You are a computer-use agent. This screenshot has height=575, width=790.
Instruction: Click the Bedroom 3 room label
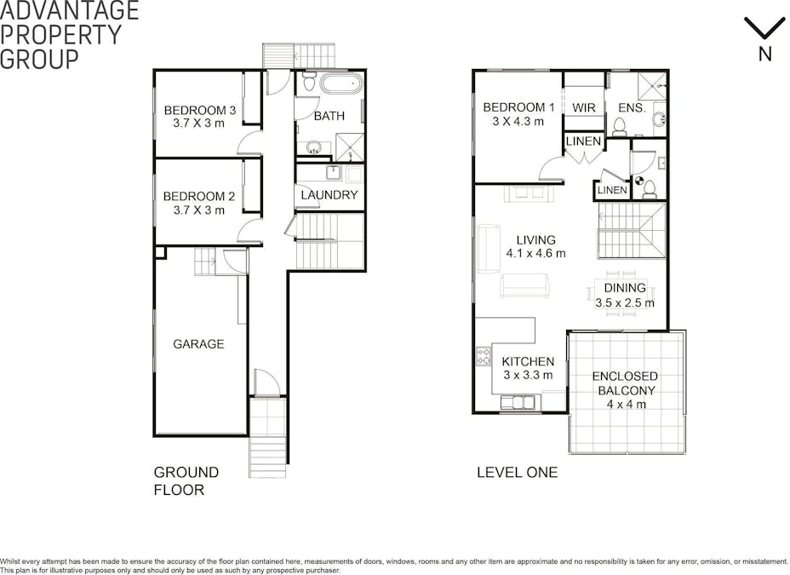click(x=199, y=110)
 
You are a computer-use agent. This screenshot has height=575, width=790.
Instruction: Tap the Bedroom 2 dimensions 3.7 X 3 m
click(x=199, y=210)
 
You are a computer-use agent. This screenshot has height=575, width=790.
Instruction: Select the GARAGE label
click(x=198, y=343)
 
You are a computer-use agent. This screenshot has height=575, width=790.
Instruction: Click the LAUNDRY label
click(x=329, y=195)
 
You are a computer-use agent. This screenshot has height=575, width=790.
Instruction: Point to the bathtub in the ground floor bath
click(x=341, y=83)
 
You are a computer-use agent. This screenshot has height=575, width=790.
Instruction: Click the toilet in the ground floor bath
click(x=309, y=82)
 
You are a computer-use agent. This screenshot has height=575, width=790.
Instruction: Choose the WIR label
click(x=584, y=107)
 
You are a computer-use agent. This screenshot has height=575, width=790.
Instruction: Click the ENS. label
click(x=632, y=107)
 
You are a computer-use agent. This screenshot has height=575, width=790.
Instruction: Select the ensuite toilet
click(x=619, y=127)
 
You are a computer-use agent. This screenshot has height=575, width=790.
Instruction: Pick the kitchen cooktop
click(x=484, y=356)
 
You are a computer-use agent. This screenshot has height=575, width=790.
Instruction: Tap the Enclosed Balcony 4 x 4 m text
click(x=625, y=390)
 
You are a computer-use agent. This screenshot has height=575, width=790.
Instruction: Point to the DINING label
click(x=625, y=288)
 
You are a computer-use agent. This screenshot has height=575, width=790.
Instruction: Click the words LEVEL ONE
click(x=518, y=472)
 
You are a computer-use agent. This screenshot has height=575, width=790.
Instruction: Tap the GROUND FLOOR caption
click(x=186, y=480)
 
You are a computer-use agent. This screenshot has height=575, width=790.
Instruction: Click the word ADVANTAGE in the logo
click(x=70, y=10)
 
